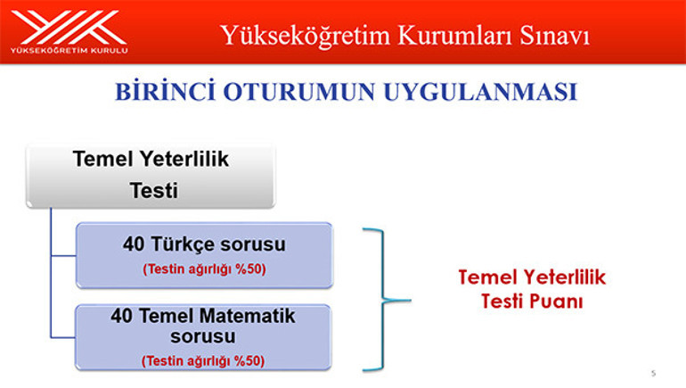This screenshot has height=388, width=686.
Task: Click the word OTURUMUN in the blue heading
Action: [x=302, y=94]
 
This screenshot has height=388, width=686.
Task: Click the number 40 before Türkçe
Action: [x=135, y=244]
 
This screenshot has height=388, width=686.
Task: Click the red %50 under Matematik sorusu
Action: [x=251, y=361]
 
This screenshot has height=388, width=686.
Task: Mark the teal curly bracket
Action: [x=383, y=298]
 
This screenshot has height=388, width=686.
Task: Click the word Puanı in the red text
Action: [x=559, y=301]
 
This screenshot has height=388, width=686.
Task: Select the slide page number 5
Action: [x=653, y=372]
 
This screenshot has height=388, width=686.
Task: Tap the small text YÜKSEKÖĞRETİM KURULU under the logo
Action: [x=68, y=51]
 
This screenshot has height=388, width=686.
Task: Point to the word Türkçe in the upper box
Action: [x=188, y=244]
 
